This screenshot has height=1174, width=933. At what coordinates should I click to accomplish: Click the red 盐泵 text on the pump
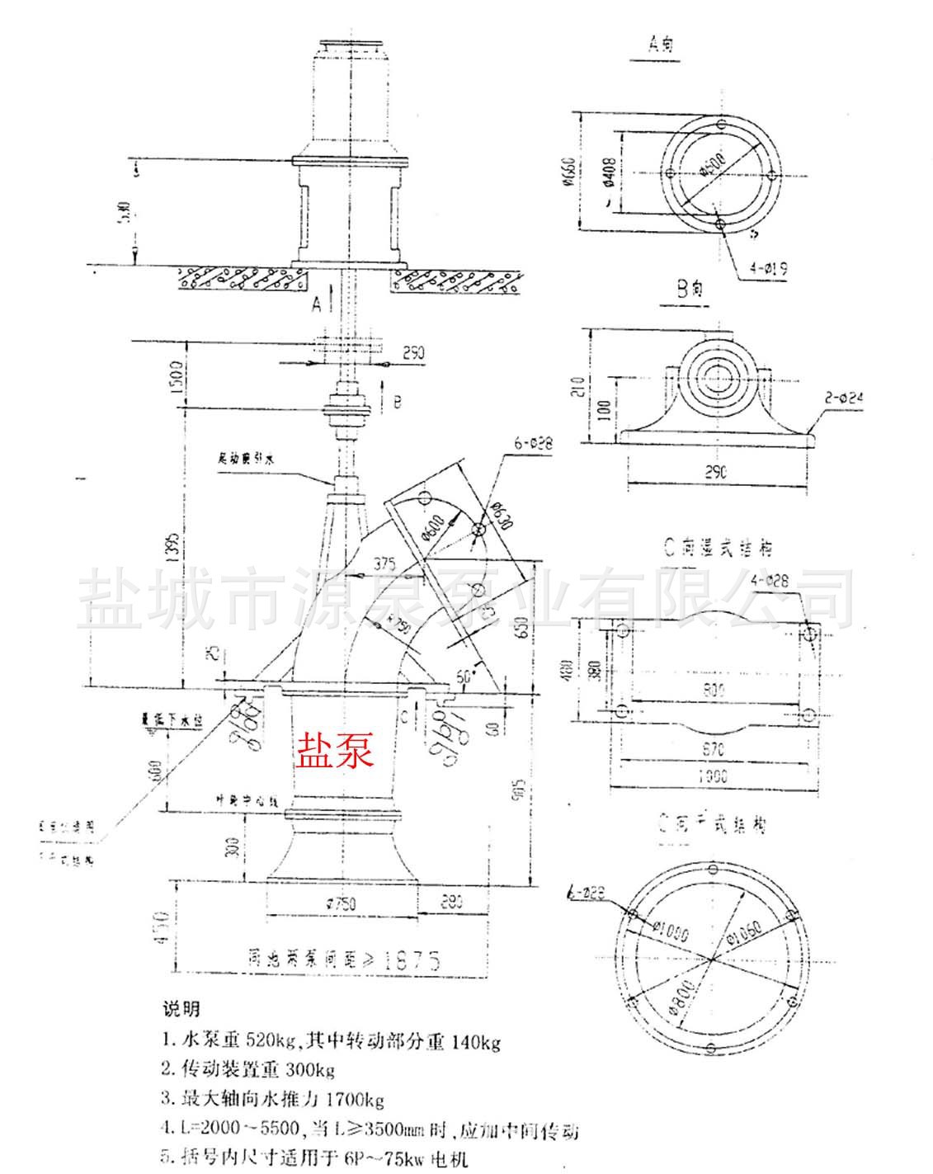pos(335,752)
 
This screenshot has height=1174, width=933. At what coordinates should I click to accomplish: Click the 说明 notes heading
pos(181,1008)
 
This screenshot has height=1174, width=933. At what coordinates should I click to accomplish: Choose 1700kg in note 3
pos(356,1099)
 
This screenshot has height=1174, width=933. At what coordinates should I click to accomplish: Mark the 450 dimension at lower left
pos(162,926)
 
